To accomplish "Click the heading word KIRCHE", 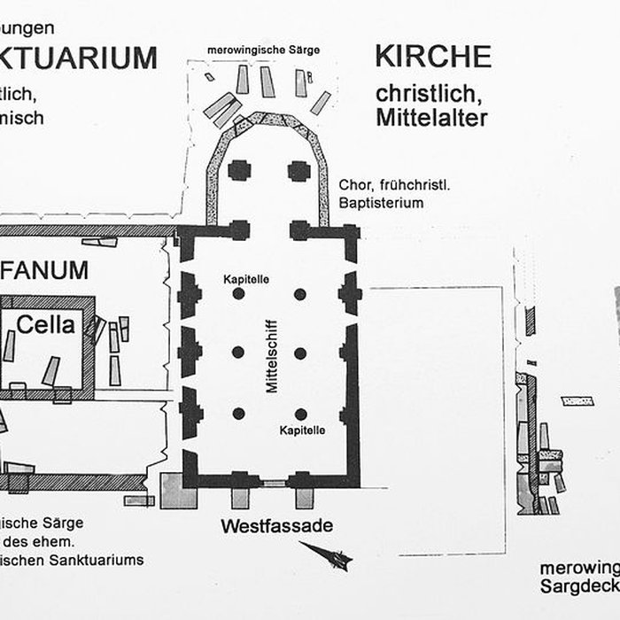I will click(433, 56).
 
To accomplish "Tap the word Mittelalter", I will click(431, 117).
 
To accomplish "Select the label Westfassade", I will click(277, 526).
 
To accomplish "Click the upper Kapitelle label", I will click(246, 280).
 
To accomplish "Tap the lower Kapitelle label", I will click(301, 430).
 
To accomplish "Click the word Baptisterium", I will click(381, 203).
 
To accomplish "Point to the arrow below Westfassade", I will click(328, 555).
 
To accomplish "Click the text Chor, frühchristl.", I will click(394, 186).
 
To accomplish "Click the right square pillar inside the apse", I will click(299, 170).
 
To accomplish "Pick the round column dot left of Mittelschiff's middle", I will click(238, 353).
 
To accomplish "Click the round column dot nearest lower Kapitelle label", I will click(300, 414).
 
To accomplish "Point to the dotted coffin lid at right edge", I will click(577, 400).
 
